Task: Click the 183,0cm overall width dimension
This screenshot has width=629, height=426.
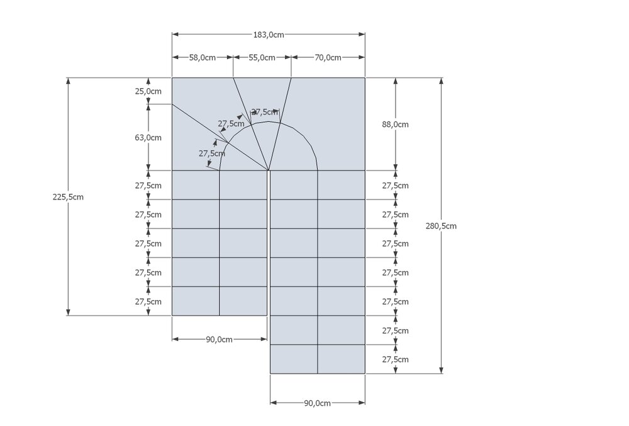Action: coord(269,35)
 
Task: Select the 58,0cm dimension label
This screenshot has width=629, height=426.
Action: coord(203,58)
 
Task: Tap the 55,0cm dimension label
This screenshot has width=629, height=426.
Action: coord(262,58)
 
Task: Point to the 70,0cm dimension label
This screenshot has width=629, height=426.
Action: coord(328,58)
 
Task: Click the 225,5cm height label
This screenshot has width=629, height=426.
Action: coord(68,197)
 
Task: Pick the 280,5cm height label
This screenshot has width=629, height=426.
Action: coord(441,227)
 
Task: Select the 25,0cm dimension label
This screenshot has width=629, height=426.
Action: coord(148,91)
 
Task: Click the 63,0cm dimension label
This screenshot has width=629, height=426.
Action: coord(148,138)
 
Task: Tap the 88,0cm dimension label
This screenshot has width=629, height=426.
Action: coord(395,125)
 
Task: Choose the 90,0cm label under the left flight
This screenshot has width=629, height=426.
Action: coord(219,340)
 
